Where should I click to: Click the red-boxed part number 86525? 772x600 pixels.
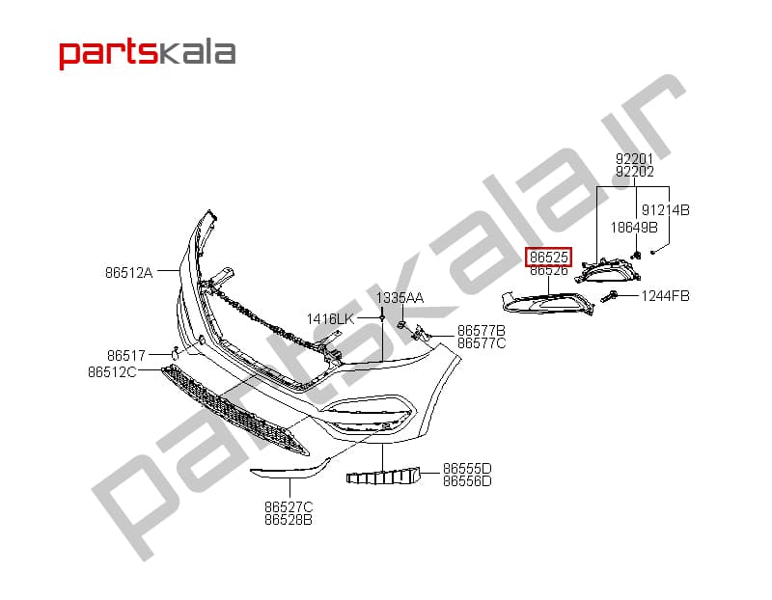(549, 257)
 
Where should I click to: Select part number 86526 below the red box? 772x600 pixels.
(549, 270)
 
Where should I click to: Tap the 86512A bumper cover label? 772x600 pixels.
(129, 273)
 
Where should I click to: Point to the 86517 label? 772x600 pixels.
(126, 355)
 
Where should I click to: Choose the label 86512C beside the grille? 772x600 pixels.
(112, 372)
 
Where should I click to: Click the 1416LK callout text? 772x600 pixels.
(330, 319)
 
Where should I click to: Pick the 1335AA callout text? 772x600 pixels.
(400, 298)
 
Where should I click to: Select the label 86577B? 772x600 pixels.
(482, 330)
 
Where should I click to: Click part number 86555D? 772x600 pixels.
(467, 468)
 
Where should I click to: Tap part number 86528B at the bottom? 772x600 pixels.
(289, 520)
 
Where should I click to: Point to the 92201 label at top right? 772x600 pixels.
(635, 159)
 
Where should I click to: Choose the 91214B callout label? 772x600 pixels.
(665, 210)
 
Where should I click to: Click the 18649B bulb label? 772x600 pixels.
(634, 228)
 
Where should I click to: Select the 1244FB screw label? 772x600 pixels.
(665, 296)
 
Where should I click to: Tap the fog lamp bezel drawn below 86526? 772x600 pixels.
(547, 303)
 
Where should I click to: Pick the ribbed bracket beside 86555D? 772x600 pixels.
(383, 477)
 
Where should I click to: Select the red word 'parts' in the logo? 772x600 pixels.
(108, 54)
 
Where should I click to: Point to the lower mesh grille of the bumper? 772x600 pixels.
(234, 410)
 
